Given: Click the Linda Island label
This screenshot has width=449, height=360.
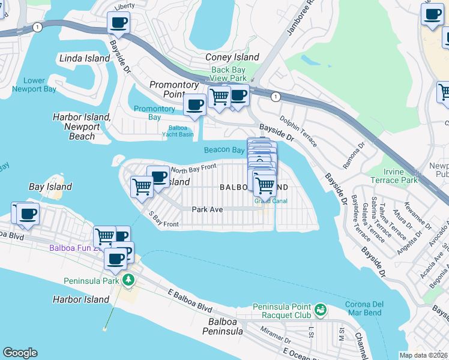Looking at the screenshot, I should click(85, 58).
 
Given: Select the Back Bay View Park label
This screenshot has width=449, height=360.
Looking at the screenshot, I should click(229, 74).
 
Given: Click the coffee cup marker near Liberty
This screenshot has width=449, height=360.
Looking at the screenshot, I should click(118, 23).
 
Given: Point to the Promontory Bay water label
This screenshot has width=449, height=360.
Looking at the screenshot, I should click(155, 113).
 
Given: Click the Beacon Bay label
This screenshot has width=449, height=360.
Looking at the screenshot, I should click(224, 150).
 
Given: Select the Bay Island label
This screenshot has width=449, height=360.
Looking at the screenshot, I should click(50, 187).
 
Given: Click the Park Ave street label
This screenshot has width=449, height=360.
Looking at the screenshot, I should click(207, 209).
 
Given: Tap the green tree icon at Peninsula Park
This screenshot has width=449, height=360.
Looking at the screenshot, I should click(127, 280).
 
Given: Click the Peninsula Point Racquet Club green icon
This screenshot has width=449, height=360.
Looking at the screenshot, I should click(321, 308).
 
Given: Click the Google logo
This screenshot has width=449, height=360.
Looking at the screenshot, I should click(20, 353).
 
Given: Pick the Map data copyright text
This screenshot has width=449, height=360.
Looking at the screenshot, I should click(424, 355).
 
